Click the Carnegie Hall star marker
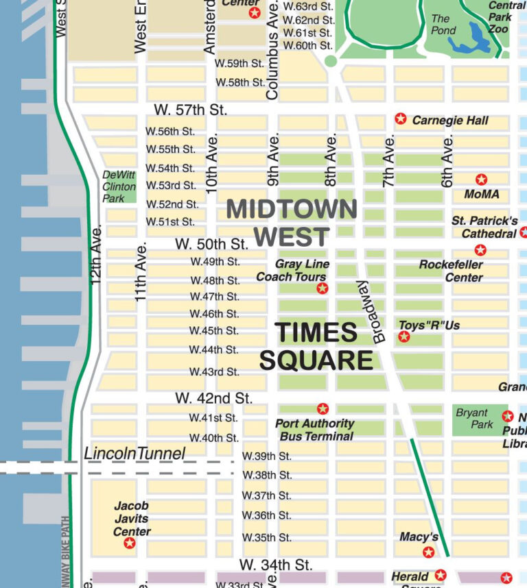(401, 119)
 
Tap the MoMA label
(482, 195)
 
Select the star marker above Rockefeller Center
(480, 250)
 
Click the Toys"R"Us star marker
(404, 336)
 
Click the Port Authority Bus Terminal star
(323, 409)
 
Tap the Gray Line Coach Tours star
(322, 289)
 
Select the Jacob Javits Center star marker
(129, 543)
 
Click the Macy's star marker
(429, 552)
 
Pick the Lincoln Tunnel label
(134, 454)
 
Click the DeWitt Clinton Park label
(119, 186)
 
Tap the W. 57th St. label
(190, 110)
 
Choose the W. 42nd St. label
(213, 397)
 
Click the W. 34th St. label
(276, 565)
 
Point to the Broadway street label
(371, 312)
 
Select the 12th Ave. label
(96, 254)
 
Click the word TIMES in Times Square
(316, 333)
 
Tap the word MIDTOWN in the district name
(292, 209)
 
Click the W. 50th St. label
(211, 244)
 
